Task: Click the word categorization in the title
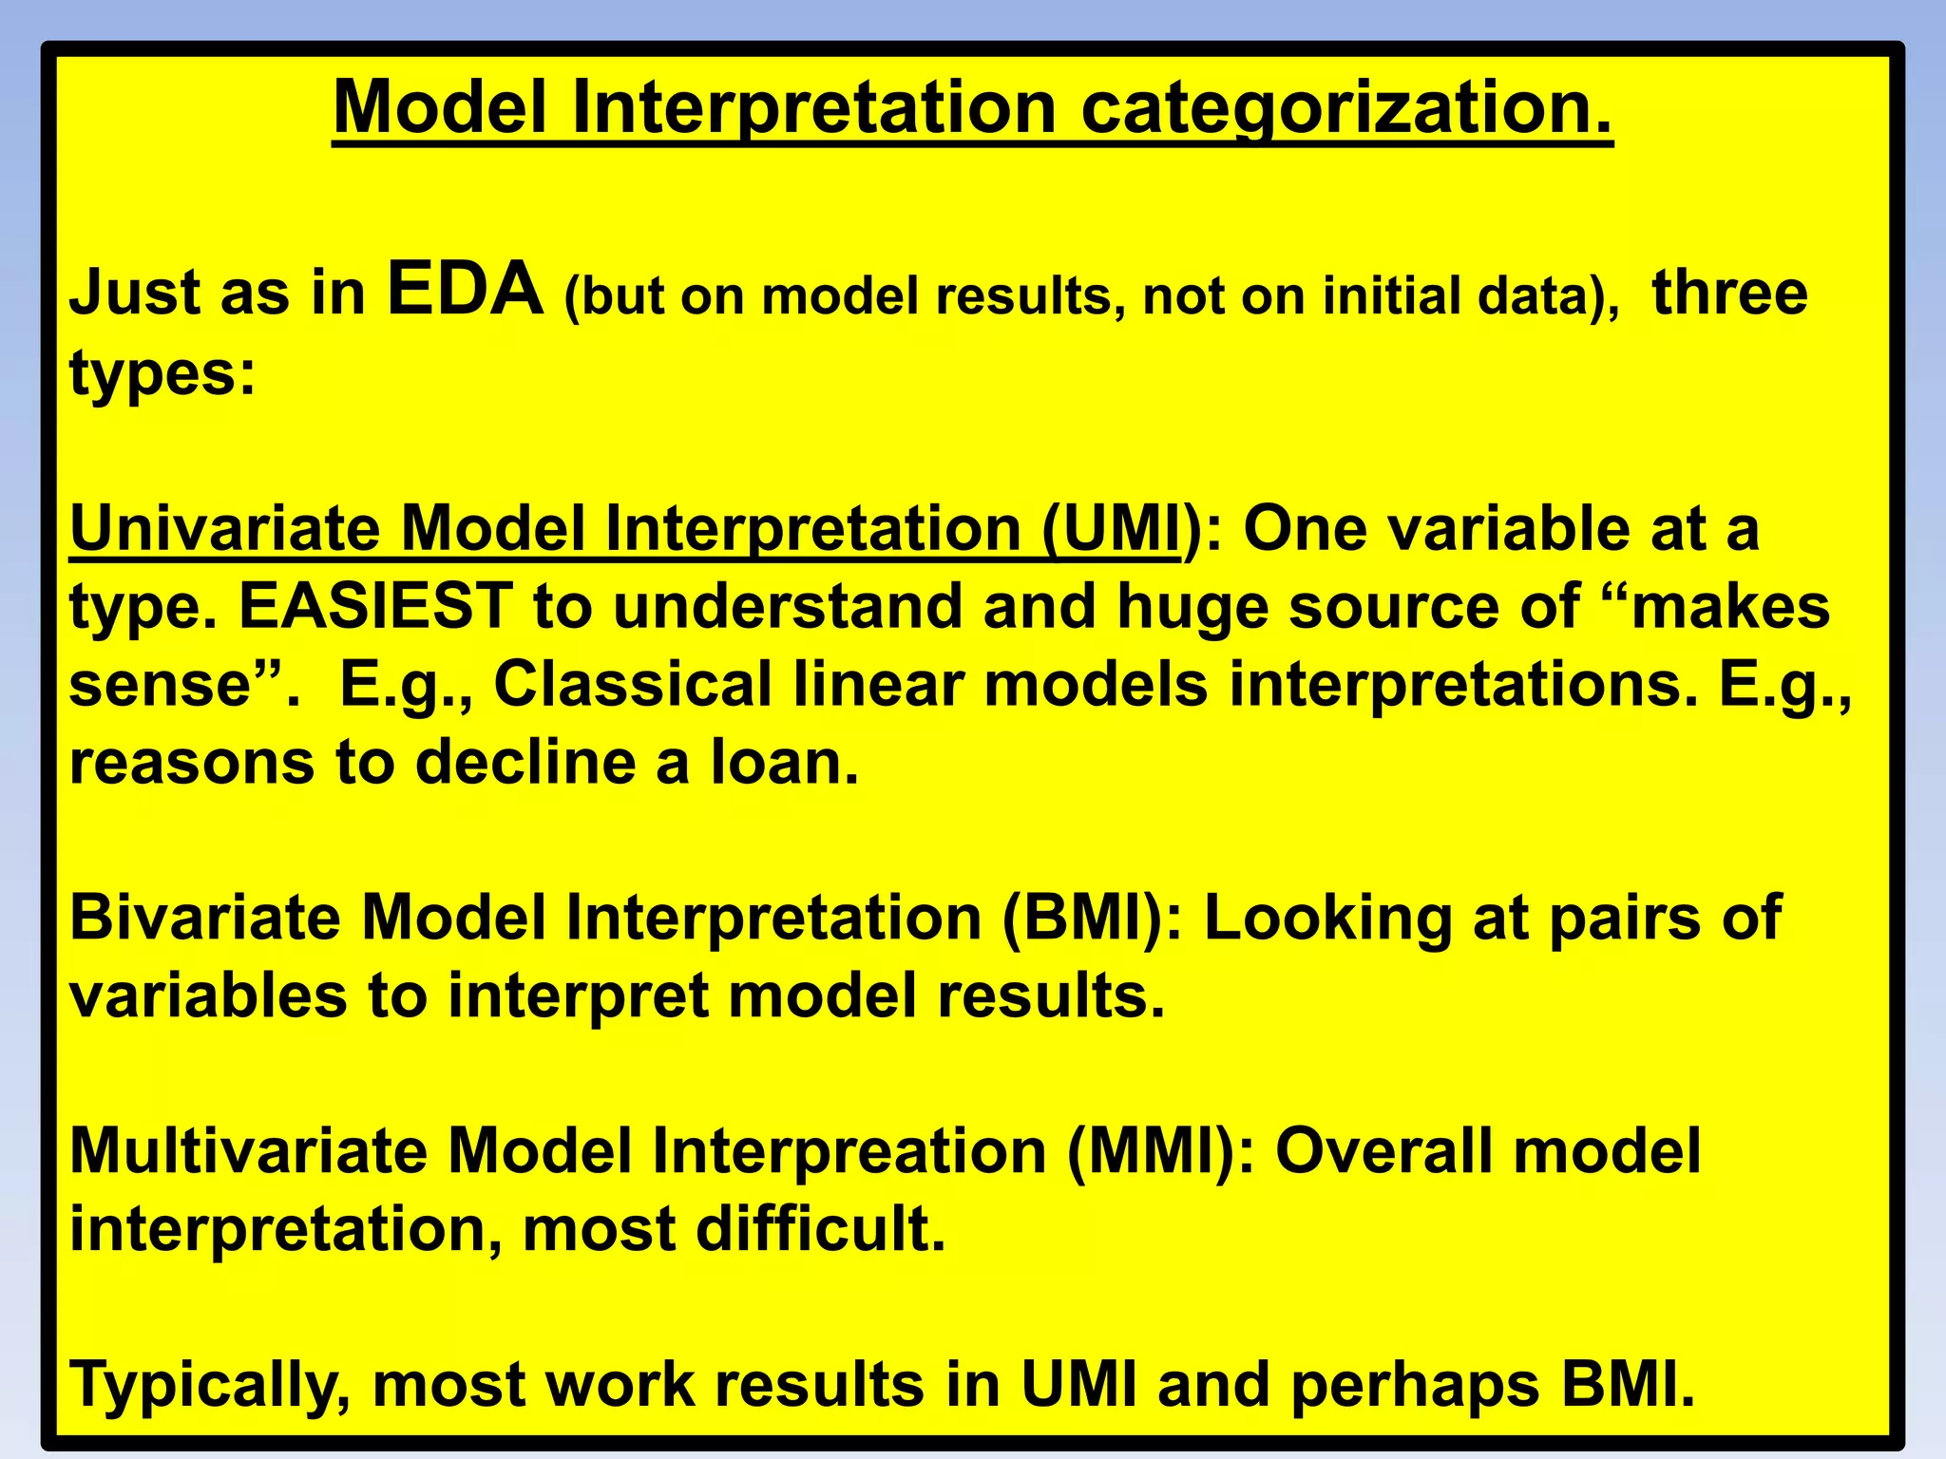[x=1346, y=108]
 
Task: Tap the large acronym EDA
[x=465, y=291]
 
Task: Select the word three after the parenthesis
[x=1729, y=293]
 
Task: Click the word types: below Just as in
[x=162, y=374]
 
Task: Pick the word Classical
[x=633, y=684]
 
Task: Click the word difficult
[x=820, y=1229]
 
